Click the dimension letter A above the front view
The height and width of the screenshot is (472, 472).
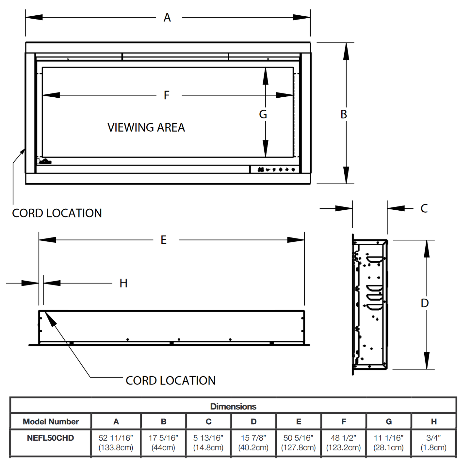tap(167, 18)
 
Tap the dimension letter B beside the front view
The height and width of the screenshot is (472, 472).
tap(344, 114)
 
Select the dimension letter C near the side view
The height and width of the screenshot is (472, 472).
tap(424, 208)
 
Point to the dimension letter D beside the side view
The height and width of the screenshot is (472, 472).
tap(425, 303)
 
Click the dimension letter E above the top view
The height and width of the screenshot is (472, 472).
tap(164, 240)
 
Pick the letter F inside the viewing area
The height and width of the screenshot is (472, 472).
tap(167, 95)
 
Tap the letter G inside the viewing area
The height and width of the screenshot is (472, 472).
tap(263, 114)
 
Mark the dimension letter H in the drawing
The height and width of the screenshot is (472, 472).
tap(123, 283)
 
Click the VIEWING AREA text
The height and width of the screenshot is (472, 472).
tap(146, 127)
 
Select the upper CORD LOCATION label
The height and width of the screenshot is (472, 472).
tap(57, 213)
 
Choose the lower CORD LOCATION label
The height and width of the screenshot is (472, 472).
tap(171, 381)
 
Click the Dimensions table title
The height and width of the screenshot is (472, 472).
tap(233, 406)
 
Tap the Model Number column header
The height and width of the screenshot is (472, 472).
tap(51, 422)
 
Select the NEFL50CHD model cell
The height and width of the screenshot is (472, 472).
tap(51, 438)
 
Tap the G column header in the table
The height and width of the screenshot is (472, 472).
tap(389, 422)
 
